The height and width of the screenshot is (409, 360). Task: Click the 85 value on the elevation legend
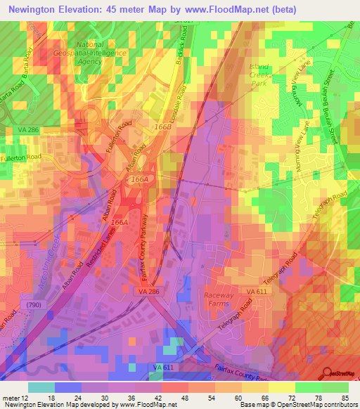pos(345,396)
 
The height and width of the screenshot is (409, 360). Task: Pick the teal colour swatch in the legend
pos(41,387)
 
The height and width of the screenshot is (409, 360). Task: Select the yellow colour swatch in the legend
pos(282,387)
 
